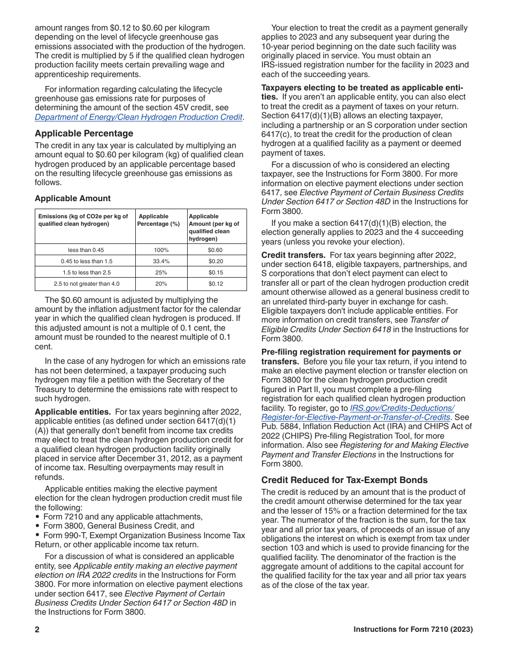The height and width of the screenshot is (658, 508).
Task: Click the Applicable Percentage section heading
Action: (x=84, y=133)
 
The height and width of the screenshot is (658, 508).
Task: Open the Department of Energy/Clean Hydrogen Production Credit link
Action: (x=138, y=117)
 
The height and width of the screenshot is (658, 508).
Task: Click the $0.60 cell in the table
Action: (x=215, y=250)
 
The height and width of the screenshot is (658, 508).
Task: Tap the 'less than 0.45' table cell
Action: (x=86, y=250)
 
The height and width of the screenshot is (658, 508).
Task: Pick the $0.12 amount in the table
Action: (x=215, y=284)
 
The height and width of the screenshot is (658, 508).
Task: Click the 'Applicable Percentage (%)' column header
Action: (x=158, y=220)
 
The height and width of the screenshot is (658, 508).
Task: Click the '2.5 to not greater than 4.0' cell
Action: (x=86, y=284)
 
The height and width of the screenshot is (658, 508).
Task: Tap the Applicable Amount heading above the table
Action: (x=73, y=198)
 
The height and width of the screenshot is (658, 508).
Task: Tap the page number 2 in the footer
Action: (x=37, y=630)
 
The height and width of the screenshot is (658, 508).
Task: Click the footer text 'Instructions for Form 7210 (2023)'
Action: (x=413, y=630)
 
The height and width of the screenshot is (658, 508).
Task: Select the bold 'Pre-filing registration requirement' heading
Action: (x=361, y=352)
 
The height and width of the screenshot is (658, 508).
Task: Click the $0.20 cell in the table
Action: (x=215, y=261)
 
